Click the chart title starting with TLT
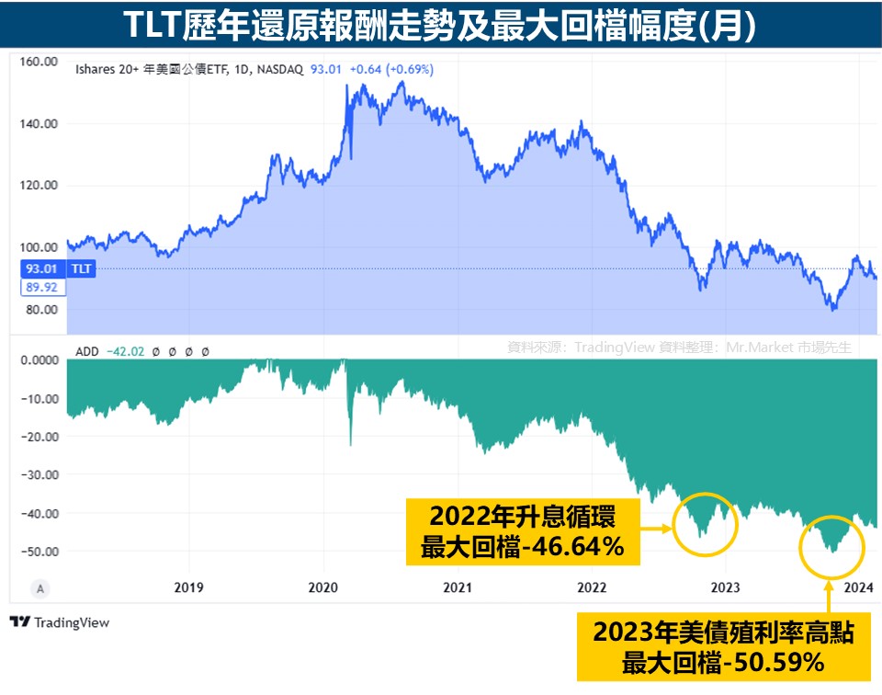point(440,25)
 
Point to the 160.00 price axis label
point(39,62)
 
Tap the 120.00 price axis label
point(39,185)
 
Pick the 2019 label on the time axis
point(188,587)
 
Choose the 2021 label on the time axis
point(458,587)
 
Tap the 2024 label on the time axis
point(858,587)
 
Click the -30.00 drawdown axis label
point(39,474)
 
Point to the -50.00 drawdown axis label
point(39,551)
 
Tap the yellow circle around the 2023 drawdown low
point(831,547)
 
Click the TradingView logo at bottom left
point(60,622)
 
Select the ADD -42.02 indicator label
point(103,350)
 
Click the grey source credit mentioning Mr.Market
point(680,347)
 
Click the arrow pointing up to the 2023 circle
point(831,598)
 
